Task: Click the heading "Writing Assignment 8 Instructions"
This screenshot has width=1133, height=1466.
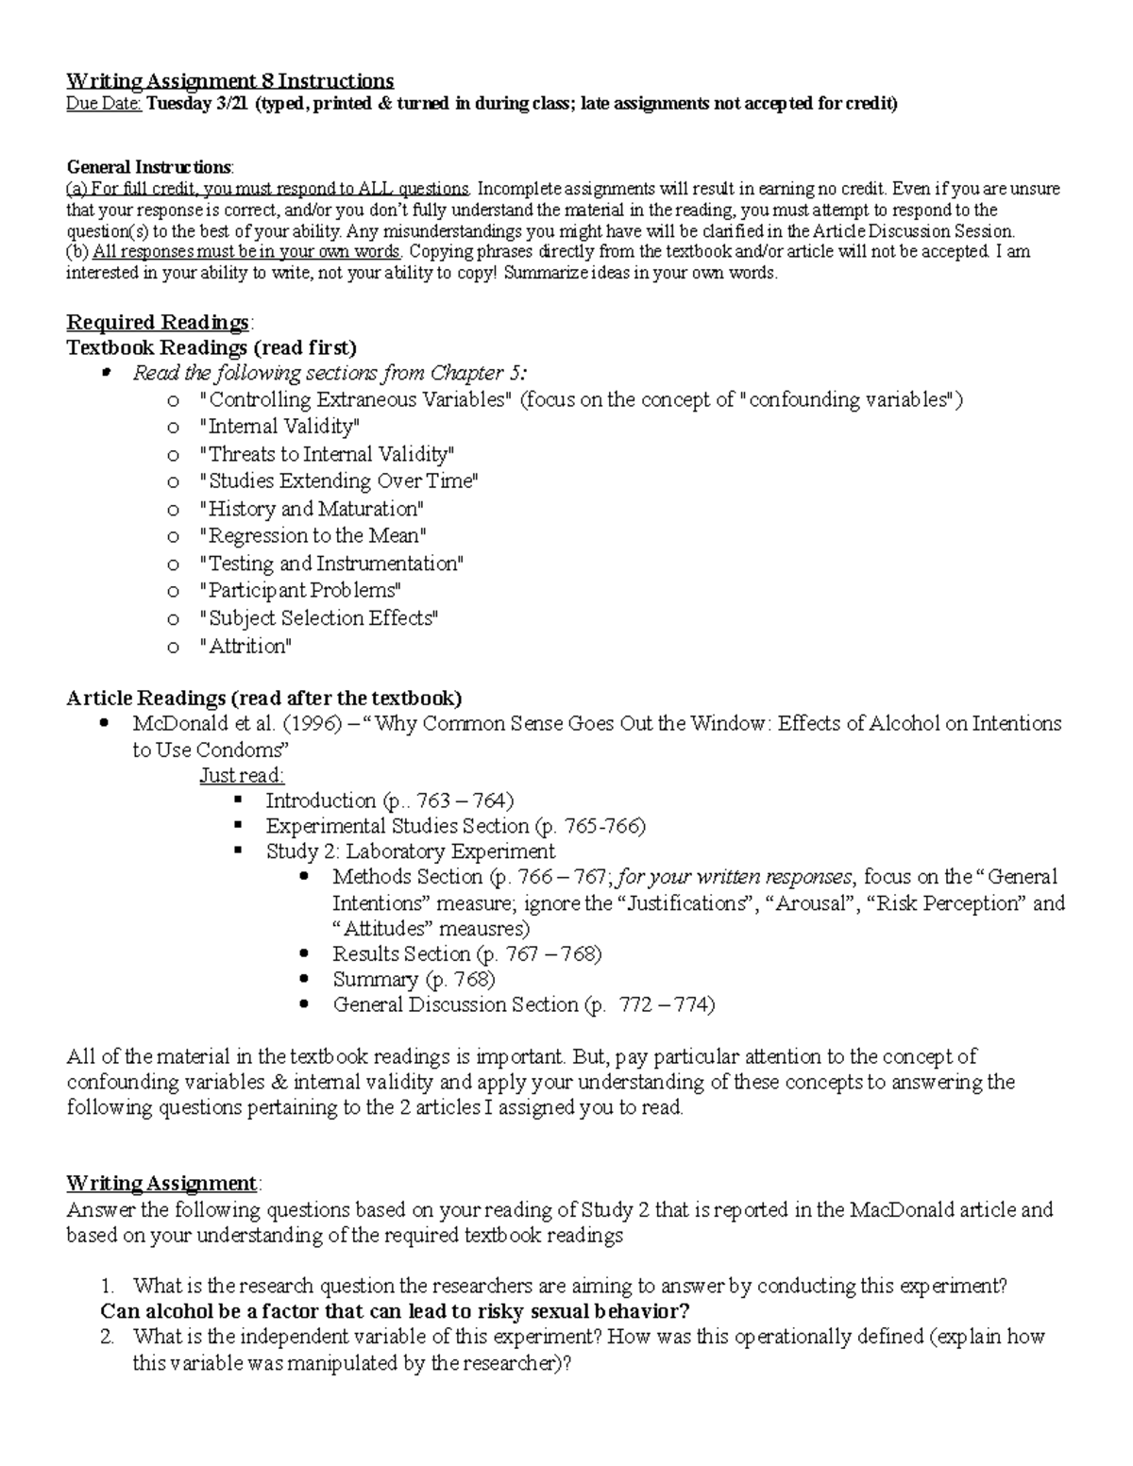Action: tap(229, 81)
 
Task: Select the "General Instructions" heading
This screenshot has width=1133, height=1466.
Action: tap(148, 167)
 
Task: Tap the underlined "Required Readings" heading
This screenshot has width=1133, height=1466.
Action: tap(158, 323)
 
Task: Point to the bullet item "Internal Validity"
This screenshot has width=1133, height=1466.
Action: tap(279, 427)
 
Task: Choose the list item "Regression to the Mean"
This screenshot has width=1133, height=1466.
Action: tap(313, 536)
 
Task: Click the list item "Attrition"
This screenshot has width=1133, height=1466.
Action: tap(245, 647)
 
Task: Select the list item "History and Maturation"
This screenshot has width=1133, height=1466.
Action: tap(312, 509)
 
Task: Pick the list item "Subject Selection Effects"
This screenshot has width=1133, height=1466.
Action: tap(319, 619)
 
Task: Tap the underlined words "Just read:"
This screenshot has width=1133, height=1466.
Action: tap(242, 776)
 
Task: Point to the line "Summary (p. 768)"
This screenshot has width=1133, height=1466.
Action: tap(414, 980)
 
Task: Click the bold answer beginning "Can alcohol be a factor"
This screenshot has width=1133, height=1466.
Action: tap(395, 1312)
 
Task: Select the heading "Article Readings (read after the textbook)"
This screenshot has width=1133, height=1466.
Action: tap(264, 699)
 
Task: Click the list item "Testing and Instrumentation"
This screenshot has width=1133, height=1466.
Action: tap(331, 564)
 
